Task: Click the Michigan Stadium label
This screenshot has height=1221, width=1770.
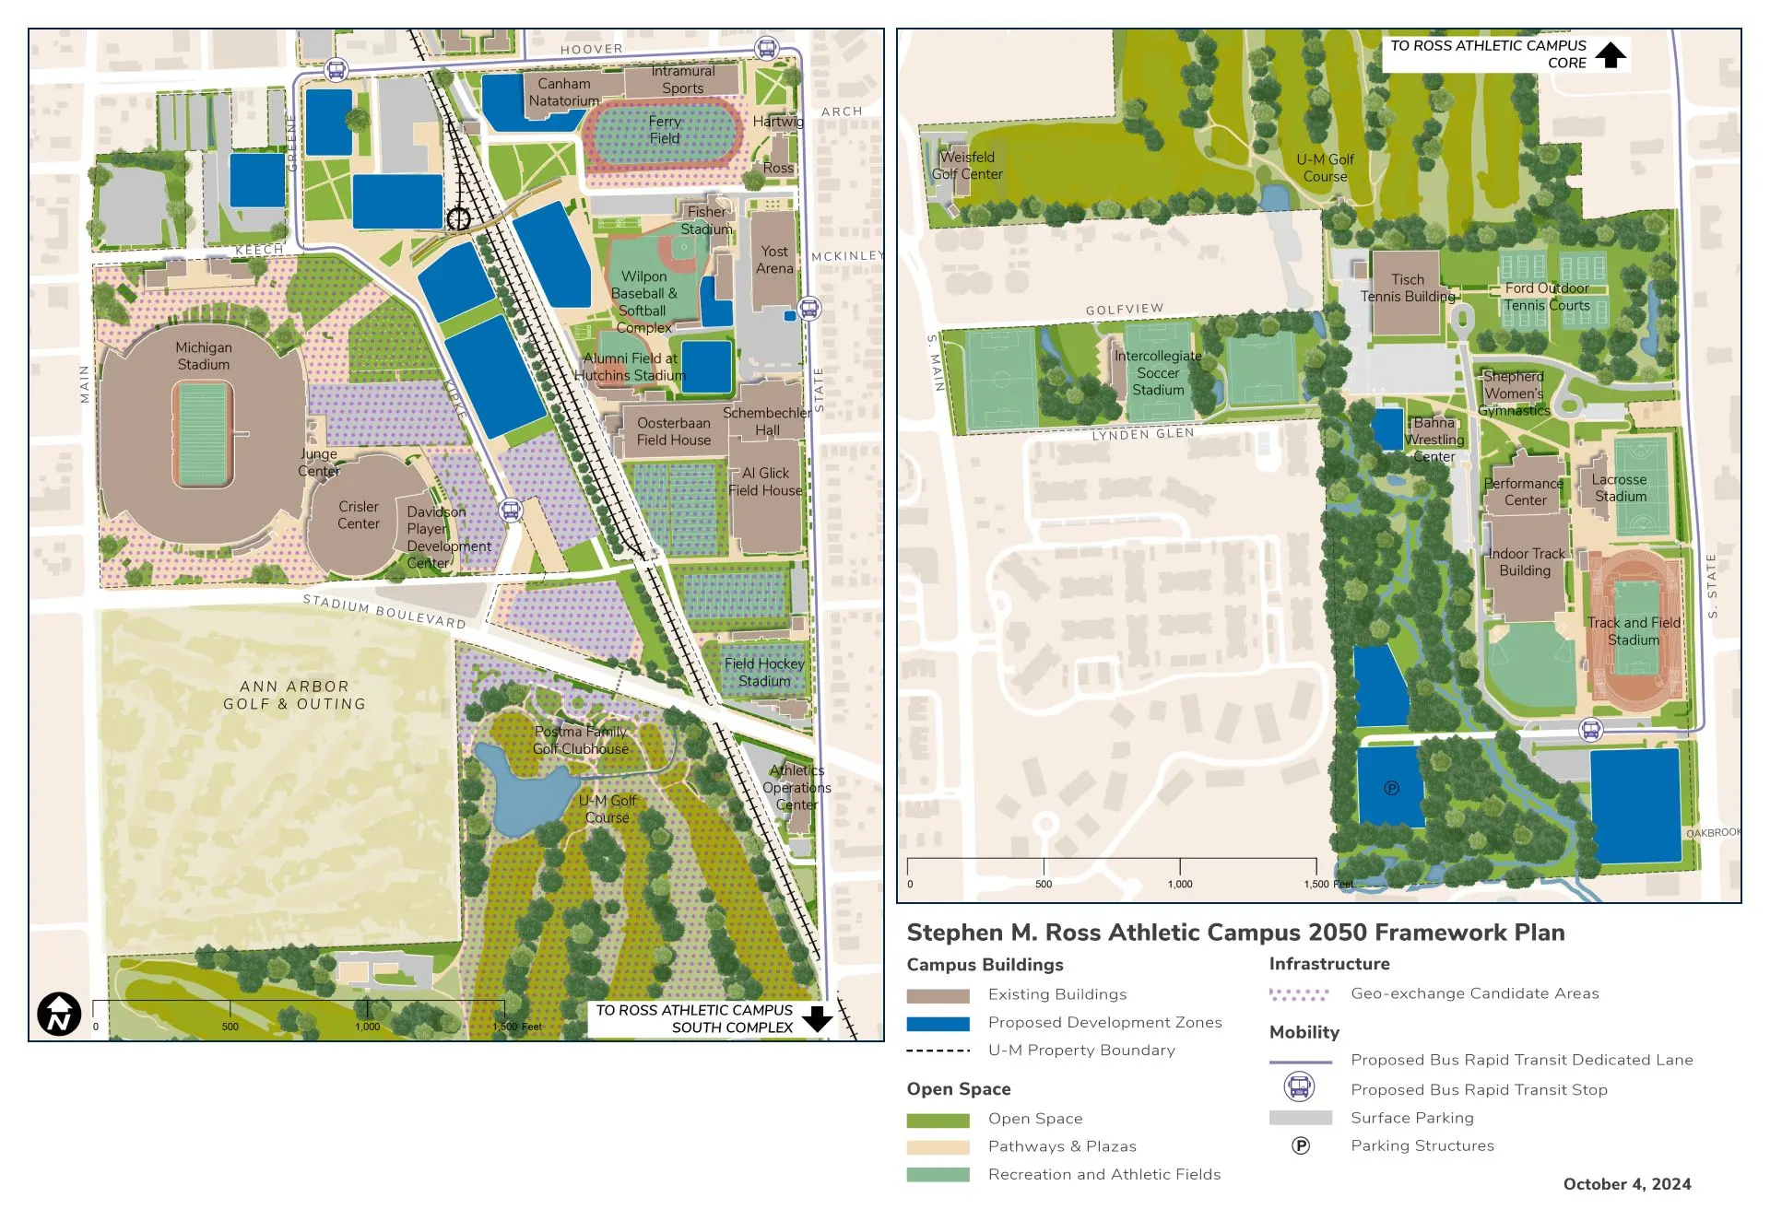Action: pos(204,356)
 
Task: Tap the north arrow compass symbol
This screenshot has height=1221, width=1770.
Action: pos(59,1015)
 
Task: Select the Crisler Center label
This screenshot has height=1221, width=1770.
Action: pos(359,515)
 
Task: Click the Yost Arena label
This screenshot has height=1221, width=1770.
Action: pos(774,260)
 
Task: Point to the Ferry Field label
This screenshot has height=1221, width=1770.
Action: pos(664,130)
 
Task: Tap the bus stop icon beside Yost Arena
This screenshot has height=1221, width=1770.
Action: pos(809,308)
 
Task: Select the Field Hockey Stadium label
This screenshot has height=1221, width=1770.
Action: pos(764,673)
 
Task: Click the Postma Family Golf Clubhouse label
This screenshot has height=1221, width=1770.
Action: pos(581,740)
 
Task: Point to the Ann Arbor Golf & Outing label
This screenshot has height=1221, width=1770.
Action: pos(294,695)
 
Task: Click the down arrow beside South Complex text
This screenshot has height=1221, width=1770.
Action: pos(817,1019)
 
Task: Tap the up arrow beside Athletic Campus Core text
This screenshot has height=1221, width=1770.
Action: pos(1611,55)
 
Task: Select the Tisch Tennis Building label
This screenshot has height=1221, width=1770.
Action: pos(1408,288)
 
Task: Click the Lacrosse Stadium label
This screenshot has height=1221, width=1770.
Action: pos(1620,487)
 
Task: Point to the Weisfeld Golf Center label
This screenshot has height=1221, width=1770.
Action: pos(967,166)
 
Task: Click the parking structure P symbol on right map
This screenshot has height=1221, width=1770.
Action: pos(1392,788)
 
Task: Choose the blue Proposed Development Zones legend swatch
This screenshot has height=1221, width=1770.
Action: pos(938,1023)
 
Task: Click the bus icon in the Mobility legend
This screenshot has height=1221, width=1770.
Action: pos(1300,1087)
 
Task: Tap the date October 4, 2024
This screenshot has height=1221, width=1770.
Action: pos(1627,1184)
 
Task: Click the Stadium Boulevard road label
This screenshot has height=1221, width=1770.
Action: pos(384,612)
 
